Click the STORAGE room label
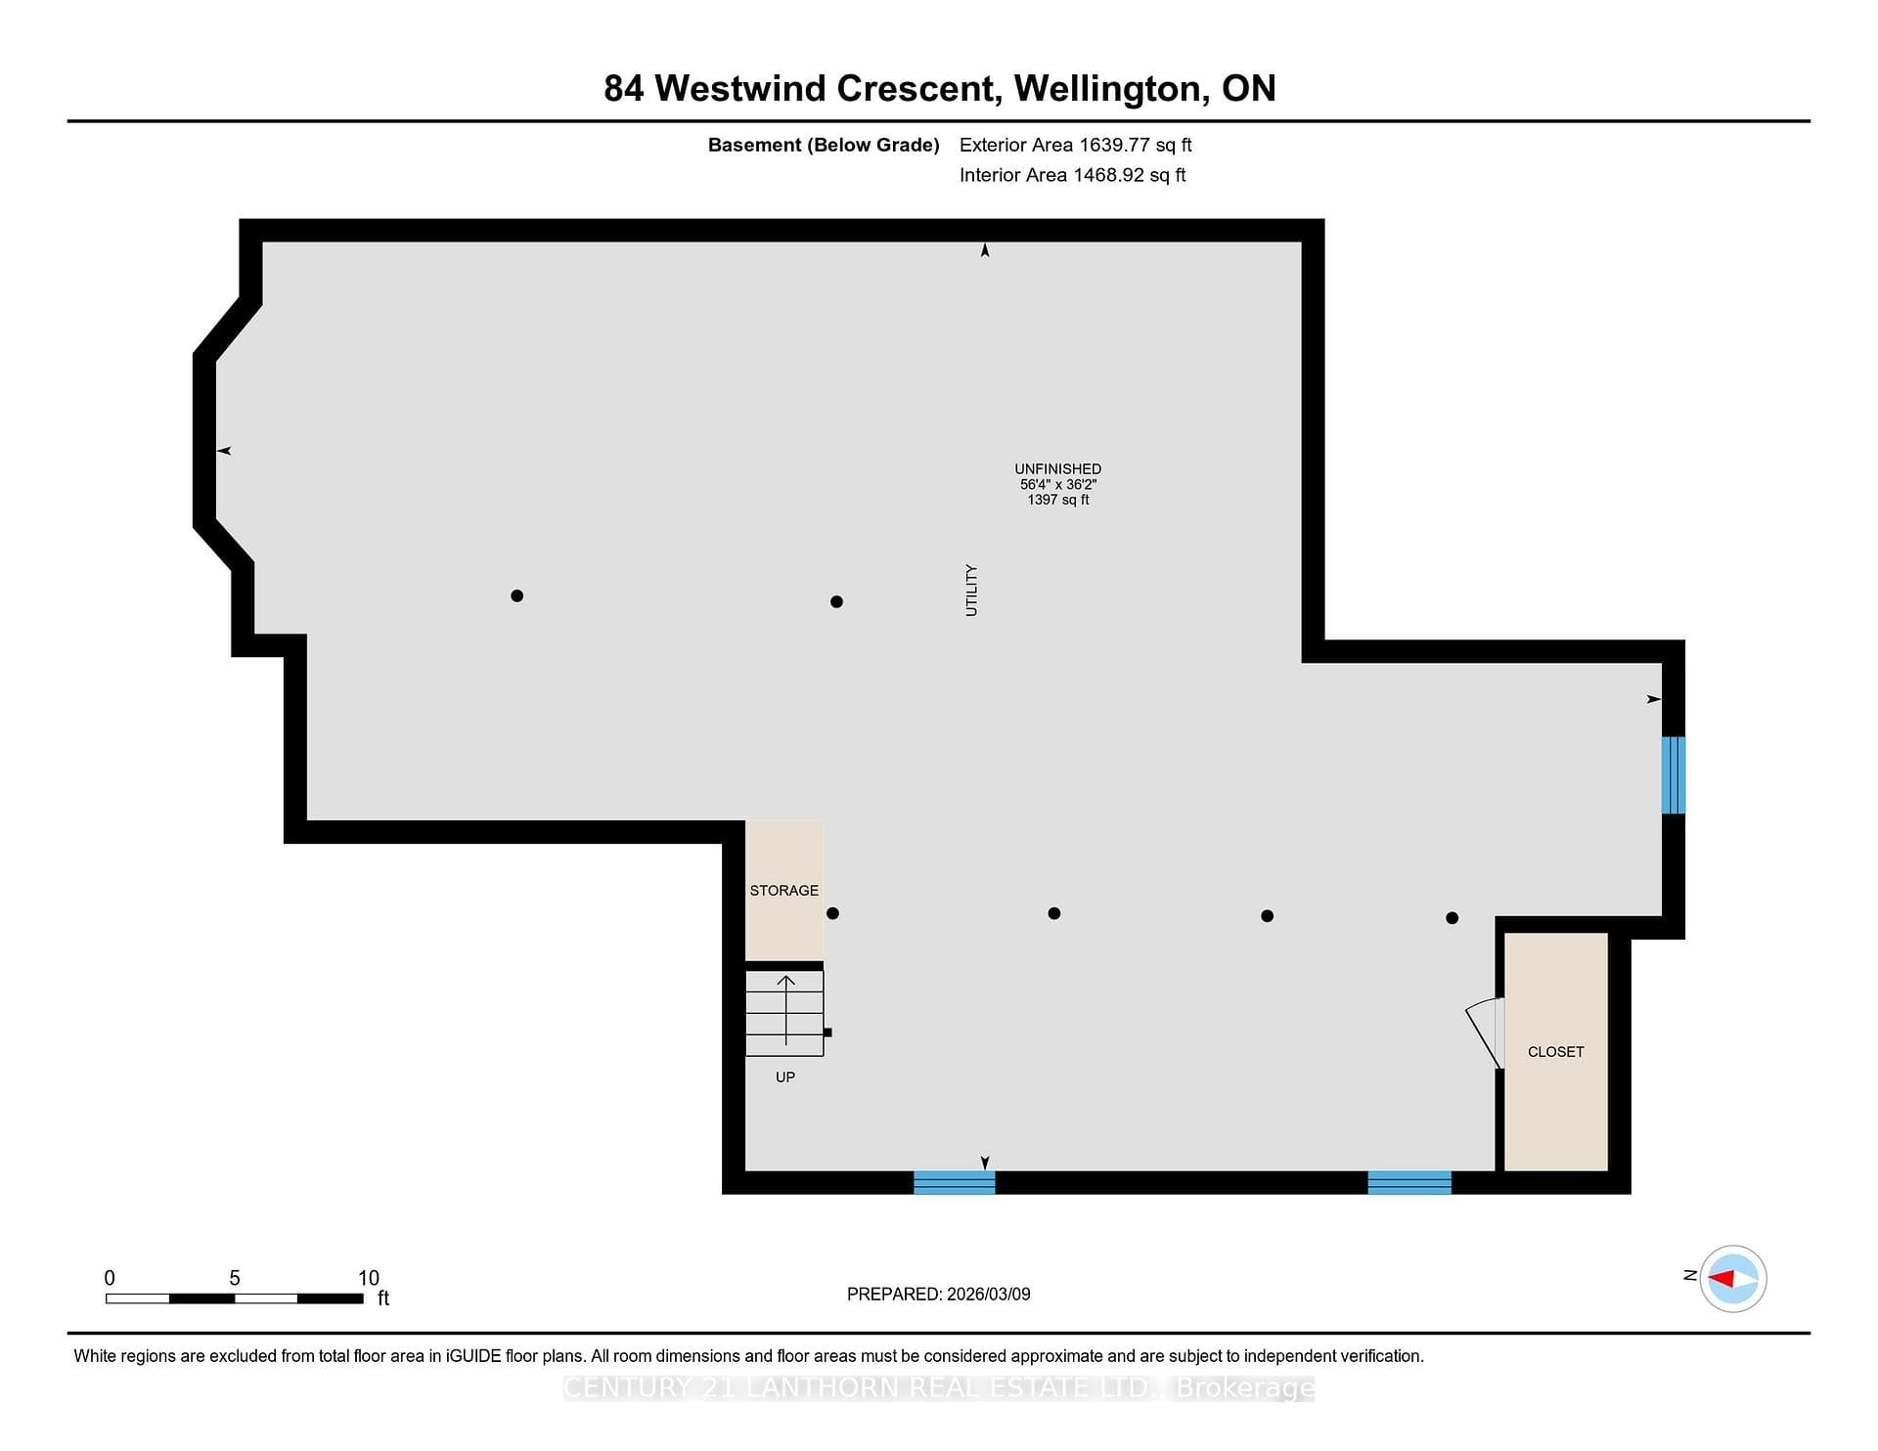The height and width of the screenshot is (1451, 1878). pos(783,890)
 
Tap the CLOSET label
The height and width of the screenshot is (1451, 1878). pos(1555,1051)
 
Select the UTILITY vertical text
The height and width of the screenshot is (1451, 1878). pos(971,590)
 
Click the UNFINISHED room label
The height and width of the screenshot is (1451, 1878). pos(1057,469)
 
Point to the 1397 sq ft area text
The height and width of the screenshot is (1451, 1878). pos(1057,500)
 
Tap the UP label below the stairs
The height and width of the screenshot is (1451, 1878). pos(784,1077)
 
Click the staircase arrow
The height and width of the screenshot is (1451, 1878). pos(785,1010)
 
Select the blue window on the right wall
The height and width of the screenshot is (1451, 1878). pos(1673,775)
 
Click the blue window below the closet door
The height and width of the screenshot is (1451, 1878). pos(1408,1182)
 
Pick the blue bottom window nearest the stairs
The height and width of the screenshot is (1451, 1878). pos(954,1182)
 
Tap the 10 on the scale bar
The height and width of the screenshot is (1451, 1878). pos(368,1278)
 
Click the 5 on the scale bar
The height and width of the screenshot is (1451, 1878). pos(235,1278)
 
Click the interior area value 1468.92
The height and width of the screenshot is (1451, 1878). pos(1108,175)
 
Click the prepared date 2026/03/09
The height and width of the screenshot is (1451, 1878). pos(988,1294)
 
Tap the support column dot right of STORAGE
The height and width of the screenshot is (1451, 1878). pos(832,913)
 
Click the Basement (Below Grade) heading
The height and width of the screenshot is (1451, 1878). pos(824,145)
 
